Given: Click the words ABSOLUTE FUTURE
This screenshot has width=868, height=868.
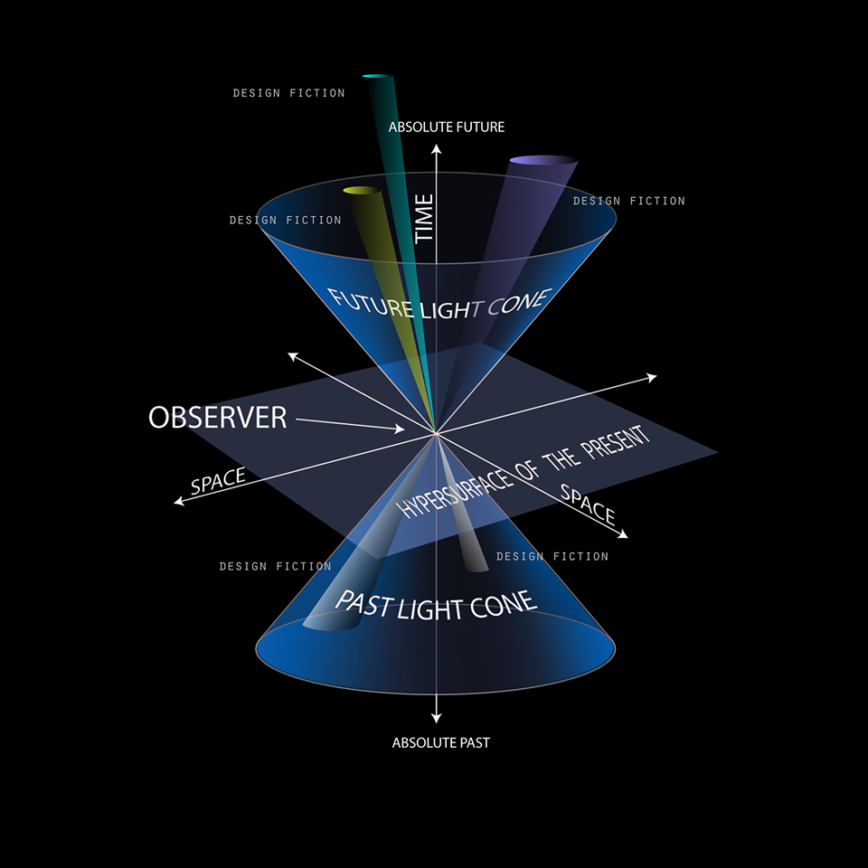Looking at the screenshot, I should [447, 127].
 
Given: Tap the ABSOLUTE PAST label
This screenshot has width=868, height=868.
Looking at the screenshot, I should [441, 743].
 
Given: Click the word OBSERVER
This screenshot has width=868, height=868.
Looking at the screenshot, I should [217, 417].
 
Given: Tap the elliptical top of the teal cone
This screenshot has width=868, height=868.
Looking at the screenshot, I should [379, 78].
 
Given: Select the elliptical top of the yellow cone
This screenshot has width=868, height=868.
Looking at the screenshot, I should [360, 190].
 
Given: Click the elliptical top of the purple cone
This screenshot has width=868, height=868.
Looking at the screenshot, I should [543, 161].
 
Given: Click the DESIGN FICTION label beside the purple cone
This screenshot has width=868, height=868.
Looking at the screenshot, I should [629, 201].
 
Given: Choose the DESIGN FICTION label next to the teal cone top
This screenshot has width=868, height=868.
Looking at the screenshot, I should [288, 93].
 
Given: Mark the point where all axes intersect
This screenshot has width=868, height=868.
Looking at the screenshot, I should [437, 434].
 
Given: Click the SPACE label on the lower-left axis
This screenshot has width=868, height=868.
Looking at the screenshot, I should [218, 481].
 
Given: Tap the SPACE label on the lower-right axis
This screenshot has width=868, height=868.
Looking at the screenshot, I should [588, 505].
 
